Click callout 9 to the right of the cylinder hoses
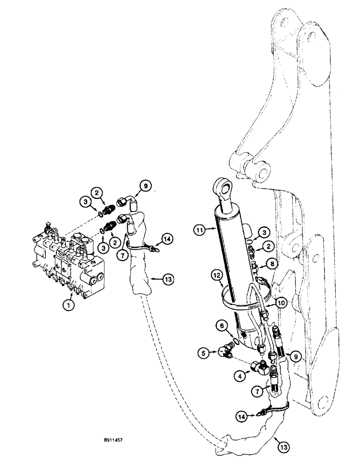(295, 356)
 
